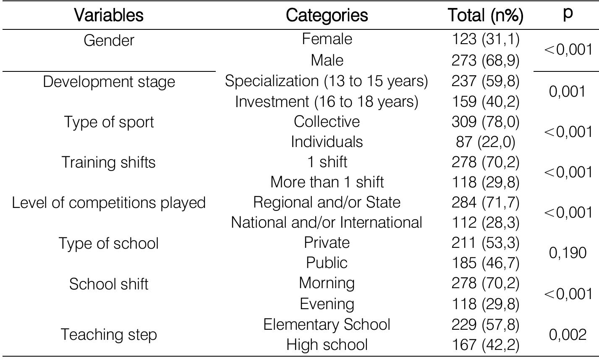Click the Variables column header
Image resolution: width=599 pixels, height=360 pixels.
pyautogui.click(x=109, y=16)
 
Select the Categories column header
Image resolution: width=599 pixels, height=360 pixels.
pyautogui.click(x=327, y=16)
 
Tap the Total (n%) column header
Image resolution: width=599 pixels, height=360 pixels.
pyautogui.click(x=485, y=16)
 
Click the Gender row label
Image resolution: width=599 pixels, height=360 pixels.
pyautogui.click(x=109, y=40)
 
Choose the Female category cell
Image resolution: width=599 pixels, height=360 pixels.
pyautogui.click(x=327, y=39)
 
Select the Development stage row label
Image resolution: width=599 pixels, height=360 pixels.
pyautogui.click(x=109, y=81)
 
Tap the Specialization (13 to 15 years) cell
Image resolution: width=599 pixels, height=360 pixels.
pyautogui.click(x=327, y=81)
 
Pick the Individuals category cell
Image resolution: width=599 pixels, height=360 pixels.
pyautogui.click(x=327, y=142)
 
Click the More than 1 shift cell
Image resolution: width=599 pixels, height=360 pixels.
pyautogui.click(x=327, y=182)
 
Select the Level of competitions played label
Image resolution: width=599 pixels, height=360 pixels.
pyautogui.click(x=109, y=202)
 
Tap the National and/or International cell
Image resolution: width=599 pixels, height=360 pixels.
pyautogui.click(x=327, y=222)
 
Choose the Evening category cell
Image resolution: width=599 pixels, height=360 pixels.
pyautogui.click(x=327, y=303)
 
